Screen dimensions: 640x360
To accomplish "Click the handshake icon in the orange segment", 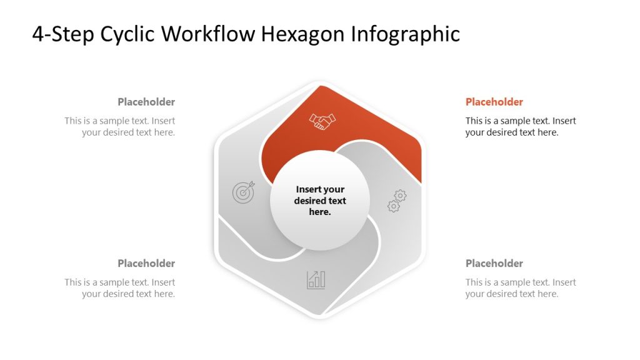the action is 322,121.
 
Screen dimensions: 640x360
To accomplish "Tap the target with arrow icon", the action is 244,192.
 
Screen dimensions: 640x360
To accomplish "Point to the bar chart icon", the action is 316,280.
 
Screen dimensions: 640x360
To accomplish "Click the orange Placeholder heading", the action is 494,102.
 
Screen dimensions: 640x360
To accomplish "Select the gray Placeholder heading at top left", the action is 146,102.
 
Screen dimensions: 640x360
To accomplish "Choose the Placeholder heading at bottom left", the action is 146,264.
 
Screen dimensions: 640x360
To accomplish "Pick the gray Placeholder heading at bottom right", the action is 494,264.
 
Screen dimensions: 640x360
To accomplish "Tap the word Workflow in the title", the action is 208,34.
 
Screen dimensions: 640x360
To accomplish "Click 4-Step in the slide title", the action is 63,34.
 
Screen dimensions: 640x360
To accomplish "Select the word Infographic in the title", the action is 406,34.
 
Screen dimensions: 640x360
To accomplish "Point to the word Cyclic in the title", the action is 127,34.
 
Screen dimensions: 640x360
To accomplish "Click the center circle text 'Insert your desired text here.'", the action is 320,201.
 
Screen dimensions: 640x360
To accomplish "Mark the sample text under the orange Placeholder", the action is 521,126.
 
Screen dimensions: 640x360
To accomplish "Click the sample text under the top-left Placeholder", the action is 119,126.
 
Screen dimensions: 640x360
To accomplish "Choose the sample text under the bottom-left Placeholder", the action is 119,288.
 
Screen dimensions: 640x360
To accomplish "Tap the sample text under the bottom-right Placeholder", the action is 521,288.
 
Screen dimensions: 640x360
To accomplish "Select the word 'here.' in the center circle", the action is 320,212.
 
